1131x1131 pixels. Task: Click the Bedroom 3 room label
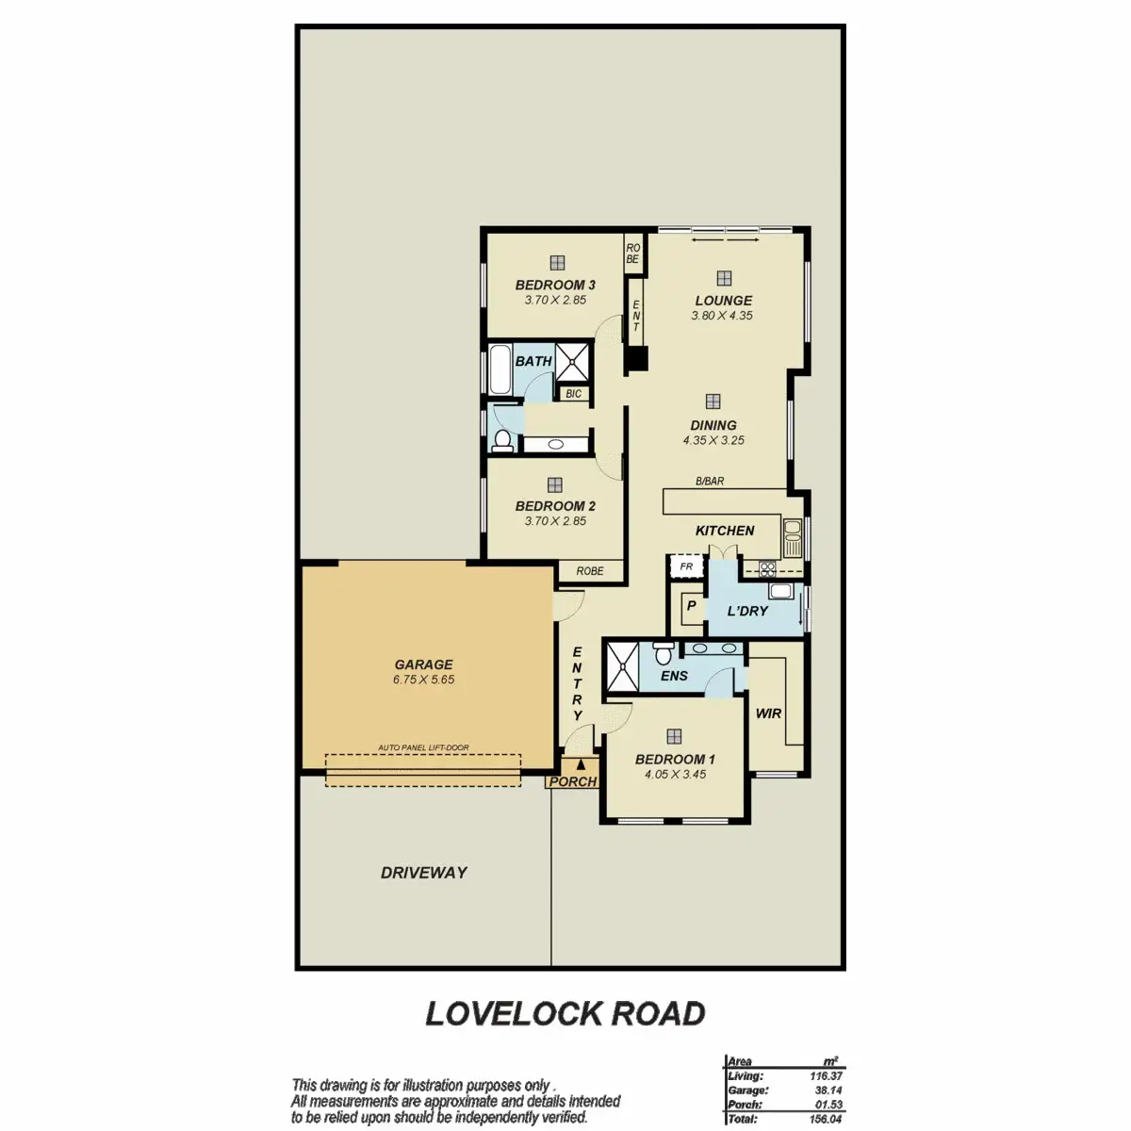tap(554, 286)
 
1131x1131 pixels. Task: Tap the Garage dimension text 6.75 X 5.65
tap(423, 680)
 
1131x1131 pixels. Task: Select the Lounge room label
tap(723, 301)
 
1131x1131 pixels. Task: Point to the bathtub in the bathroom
tap(500, 369)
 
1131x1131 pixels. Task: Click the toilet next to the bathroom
tap(501, 440)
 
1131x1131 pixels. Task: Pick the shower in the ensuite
tap(622, 666)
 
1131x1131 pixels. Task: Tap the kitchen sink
tap(792, 538)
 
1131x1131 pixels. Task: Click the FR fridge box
tap(686, 566)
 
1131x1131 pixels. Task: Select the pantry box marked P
tap(692, 606)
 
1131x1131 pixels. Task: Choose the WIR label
tap(768, 713)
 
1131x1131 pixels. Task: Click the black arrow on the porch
tap(581, 764)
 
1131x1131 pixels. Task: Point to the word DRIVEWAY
tap(424, 873)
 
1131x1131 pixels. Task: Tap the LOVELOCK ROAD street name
tap(565, 1013)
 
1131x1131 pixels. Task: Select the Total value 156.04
tap(826, 1119)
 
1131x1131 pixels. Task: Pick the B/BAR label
tap(710, 482)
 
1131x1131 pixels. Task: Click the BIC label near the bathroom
tap(573, 393)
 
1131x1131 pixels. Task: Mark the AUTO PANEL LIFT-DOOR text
tap(423, 747)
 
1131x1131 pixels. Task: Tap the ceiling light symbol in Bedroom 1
tap(674, 736)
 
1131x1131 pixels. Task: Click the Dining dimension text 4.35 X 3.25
tap(713, 440)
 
